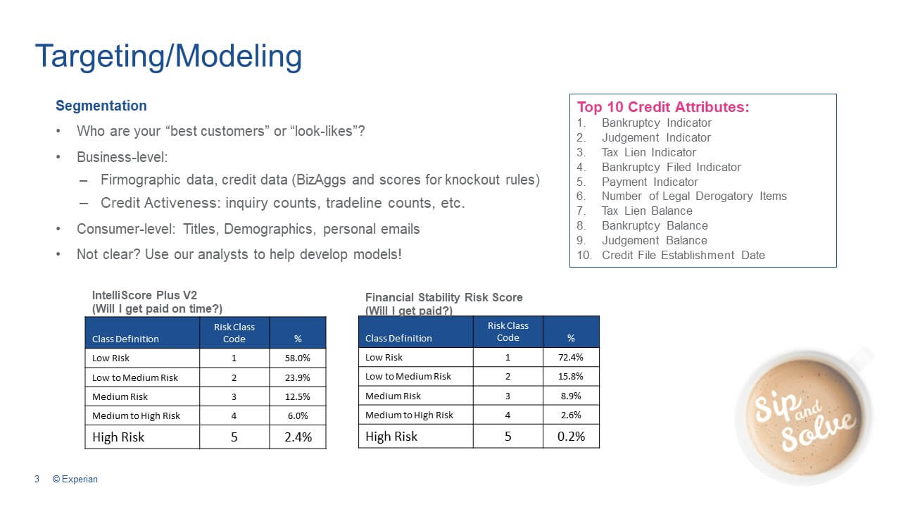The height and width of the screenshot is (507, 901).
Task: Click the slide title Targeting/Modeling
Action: [x=168, y=56]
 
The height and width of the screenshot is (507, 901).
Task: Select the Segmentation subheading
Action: [x=101, y=106]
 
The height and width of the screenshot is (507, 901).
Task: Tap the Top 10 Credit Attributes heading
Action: [x=663, y=107]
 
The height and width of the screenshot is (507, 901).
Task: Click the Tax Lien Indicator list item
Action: [x=648, y=153]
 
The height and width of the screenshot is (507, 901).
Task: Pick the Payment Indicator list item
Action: [x=650, y=182]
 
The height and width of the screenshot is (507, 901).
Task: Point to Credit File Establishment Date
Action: [x=683, y=255]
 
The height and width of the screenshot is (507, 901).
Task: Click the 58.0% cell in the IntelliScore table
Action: [x=297, y=358]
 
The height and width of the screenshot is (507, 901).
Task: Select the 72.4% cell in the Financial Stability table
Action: [x=570, y=357]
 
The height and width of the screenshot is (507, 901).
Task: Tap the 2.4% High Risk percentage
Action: [x=298, y=437]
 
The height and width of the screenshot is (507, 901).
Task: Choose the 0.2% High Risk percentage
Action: [x=571, y=436]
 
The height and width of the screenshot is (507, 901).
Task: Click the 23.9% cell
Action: [x=297, y=377]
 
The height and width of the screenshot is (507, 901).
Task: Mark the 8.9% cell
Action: [x=571, y=396]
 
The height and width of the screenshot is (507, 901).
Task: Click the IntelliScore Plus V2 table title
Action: [x=144, y=295]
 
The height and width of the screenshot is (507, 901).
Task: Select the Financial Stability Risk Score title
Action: [x=443, y=297]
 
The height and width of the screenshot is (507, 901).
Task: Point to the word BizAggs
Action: [x=320, y=180]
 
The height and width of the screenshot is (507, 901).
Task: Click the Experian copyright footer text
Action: [x=75, y=480]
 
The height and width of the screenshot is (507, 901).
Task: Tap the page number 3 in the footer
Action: [x=37, y=480]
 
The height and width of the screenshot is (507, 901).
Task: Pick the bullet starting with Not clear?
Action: [x=239, y=255]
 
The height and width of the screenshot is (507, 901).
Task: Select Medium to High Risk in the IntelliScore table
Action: [x=136, y=416]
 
